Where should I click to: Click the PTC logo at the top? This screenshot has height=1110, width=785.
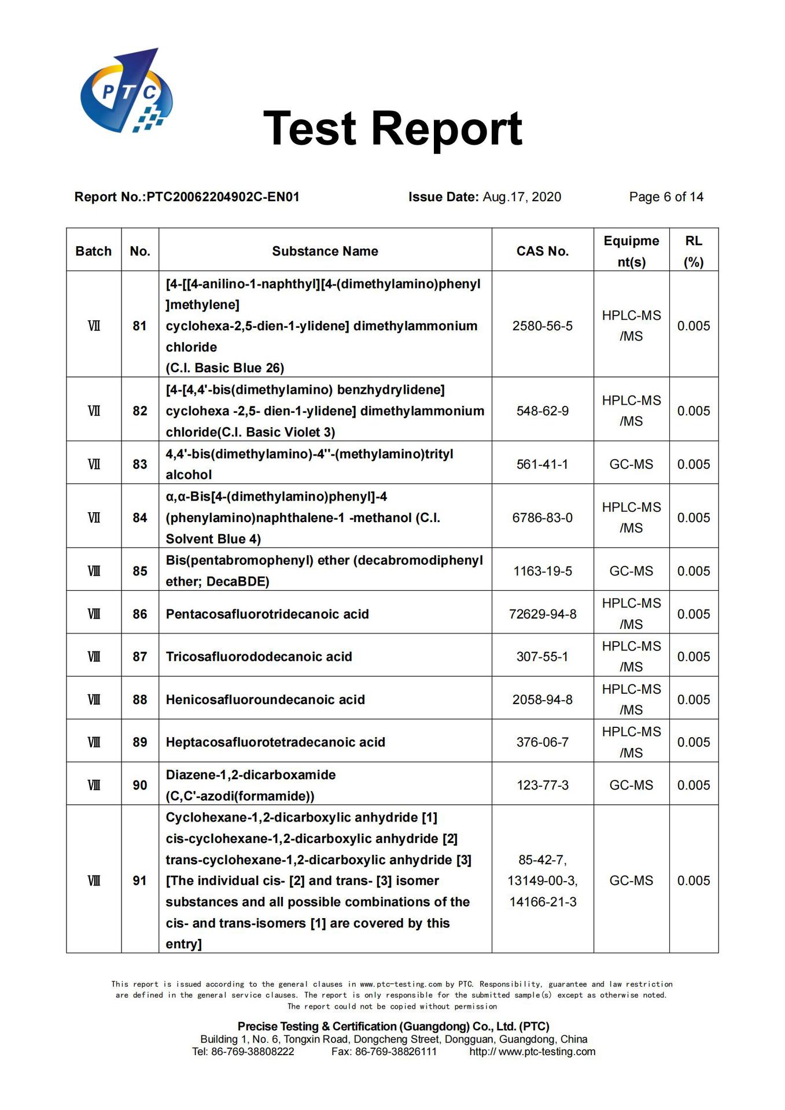coord(126,91)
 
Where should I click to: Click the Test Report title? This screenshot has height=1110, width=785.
coord(392,128)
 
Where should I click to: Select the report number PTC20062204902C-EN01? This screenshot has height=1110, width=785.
coord(223,197)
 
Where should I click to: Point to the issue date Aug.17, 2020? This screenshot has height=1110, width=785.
coord(521,197)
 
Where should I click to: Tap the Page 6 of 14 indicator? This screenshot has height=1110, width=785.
coord(666,197)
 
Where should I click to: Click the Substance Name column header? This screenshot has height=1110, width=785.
coord(325,251)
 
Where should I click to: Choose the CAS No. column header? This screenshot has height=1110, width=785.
coord(542,251)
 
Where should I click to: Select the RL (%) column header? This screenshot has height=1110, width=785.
coord(693,251)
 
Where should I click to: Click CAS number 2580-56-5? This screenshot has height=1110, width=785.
coord(542,326)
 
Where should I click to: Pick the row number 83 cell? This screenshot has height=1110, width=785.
coord(139,464)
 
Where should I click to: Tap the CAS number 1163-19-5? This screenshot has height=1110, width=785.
coord(542,571)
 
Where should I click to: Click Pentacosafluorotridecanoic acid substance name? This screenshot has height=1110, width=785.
coord(267,614)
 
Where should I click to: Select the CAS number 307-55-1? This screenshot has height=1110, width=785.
coord(542,657)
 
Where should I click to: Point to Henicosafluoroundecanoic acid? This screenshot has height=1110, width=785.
coord(265,700)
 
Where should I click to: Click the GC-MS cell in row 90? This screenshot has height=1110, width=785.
coord(631,785)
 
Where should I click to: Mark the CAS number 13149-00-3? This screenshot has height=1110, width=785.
coord(542,880)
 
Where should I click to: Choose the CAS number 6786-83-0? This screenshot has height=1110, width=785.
coord(542,517)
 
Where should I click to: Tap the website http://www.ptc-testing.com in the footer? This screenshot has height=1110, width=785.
coord(532,1052)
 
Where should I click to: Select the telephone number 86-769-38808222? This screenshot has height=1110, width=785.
coord(253,1052)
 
